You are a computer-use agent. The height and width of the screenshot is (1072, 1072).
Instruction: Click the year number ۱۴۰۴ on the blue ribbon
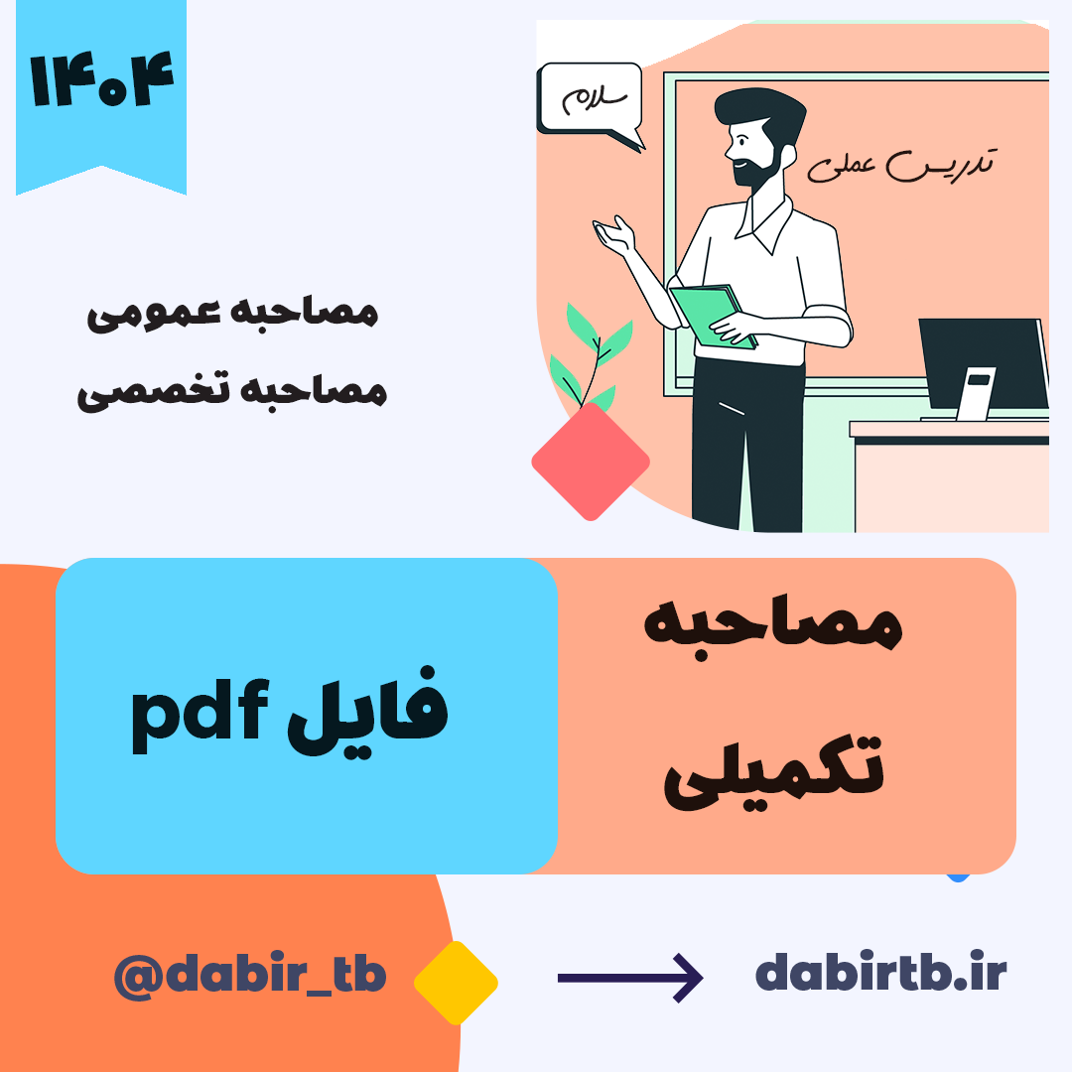tap(102, 80)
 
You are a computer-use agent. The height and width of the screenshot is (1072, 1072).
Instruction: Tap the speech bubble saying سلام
tap(591, 102)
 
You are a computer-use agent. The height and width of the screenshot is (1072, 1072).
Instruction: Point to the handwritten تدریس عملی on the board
tap(901, 165)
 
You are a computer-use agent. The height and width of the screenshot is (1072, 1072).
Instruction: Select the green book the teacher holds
tap(714, 316)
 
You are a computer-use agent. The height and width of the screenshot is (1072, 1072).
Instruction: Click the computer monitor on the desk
tap(983, 368)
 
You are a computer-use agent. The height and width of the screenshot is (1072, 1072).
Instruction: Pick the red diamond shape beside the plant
tap(591, 462)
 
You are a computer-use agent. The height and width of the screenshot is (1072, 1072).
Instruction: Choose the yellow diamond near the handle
tap(456, 983)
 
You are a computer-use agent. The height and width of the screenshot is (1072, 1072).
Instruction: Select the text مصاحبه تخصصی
tap(232, 391)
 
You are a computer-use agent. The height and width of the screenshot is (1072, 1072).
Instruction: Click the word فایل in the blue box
tap(367, 711)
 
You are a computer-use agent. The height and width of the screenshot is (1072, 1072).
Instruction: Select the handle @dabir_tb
tap(250, 975)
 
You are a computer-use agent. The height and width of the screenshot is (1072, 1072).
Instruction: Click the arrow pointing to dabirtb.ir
tap(630, 979)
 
